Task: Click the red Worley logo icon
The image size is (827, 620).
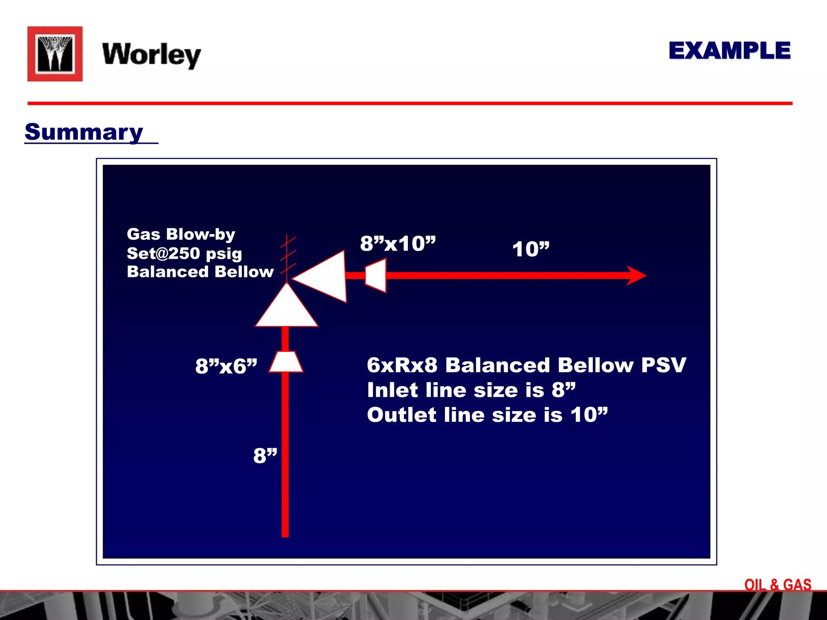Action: coord(55,54)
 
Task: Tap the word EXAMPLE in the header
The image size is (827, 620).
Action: coord(729,51)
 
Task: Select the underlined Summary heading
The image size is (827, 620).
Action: coord(84,132)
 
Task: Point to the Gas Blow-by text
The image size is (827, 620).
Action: coord(181,234)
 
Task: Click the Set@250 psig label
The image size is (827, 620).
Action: coord(184,253)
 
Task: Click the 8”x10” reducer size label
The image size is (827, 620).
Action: coord(398,243)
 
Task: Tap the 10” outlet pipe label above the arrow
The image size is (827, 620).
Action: coord(531,249)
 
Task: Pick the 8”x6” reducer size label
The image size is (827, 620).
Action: coord(226,366)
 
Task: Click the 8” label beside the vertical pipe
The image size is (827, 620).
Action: coord(265,456)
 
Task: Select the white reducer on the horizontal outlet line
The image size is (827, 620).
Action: coord(376,276)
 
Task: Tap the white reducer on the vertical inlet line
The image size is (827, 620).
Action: coord(286,361)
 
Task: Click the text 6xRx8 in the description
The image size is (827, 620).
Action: coord(402,365)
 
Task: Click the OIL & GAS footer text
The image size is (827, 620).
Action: coord(777,584)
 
